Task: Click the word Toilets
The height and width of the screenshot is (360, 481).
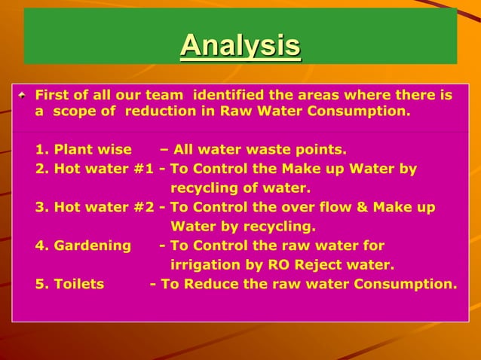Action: tap(79, 284)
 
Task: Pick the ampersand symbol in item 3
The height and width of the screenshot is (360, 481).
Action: tap(356, 207)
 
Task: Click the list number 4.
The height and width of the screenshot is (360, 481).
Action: tap(39, 246)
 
